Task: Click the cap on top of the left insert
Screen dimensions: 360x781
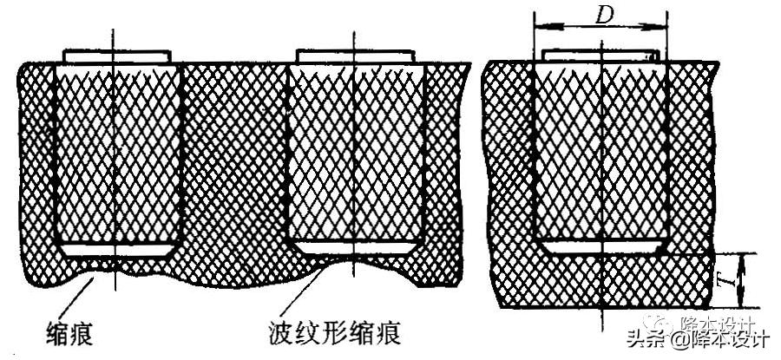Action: pos(116,56)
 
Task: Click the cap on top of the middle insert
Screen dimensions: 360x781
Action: pos(354,56)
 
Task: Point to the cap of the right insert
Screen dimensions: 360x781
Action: pos(600,55)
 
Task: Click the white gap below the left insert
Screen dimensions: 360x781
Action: pos(116,250)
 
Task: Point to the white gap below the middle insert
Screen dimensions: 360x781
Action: pos(354,247)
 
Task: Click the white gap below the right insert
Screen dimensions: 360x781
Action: pos(600,247)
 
